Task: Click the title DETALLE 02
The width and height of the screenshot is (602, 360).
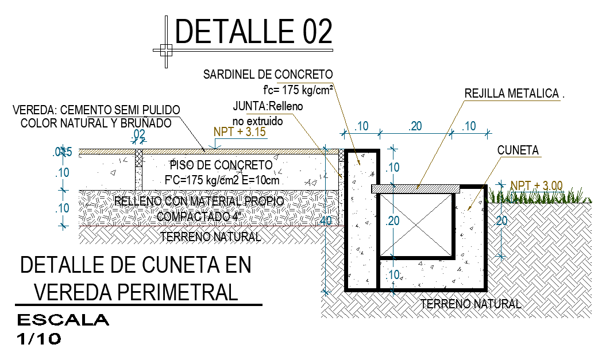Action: pos(253,31)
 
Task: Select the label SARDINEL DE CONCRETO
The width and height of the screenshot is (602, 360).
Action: pos(268,75)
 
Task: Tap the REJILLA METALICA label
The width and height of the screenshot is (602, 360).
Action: pos(511,94)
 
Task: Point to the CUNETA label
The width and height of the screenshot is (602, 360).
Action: pos(518,150)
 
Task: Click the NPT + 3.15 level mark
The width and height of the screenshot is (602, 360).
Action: pos(240,131)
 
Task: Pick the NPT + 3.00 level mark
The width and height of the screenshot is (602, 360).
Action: pos(537,185)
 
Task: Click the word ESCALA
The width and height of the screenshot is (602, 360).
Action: pos(63,320)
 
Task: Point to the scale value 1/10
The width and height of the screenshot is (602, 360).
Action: pos(39,339)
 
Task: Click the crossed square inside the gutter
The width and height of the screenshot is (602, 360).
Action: pos(415,224)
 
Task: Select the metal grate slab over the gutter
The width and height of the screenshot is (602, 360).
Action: pos(416,188)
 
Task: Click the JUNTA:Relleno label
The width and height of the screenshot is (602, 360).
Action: pos(268,106)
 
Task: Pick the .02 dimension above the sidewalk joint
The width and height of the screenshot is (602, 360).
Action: pos(138,134)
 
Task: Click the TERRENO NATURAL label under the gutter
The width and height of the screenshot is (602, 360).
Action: pos(470,304)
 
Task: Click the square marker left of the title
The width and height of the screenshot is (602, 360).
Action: pos(165,50)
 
